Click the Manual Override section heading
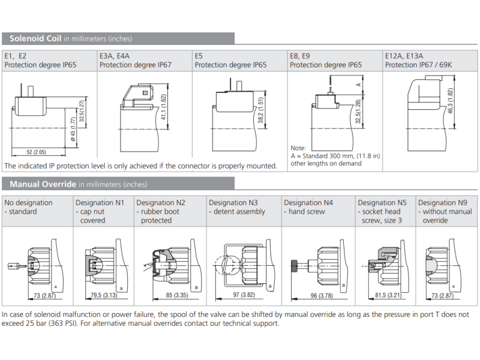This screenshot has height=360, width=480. (43, 184)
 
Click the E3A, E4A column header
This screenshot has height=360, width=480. (115, 56)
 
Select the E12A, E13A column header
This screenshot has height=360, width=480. (404, 56)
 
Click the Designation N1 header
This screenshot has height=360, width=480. (100, 203)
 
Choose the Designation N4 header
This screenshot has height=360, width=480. (308, 203)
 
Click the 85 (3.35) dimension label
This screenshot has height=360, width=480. (169, 295)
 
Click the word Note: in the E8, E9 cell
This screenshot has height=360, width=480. (298, 148)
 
